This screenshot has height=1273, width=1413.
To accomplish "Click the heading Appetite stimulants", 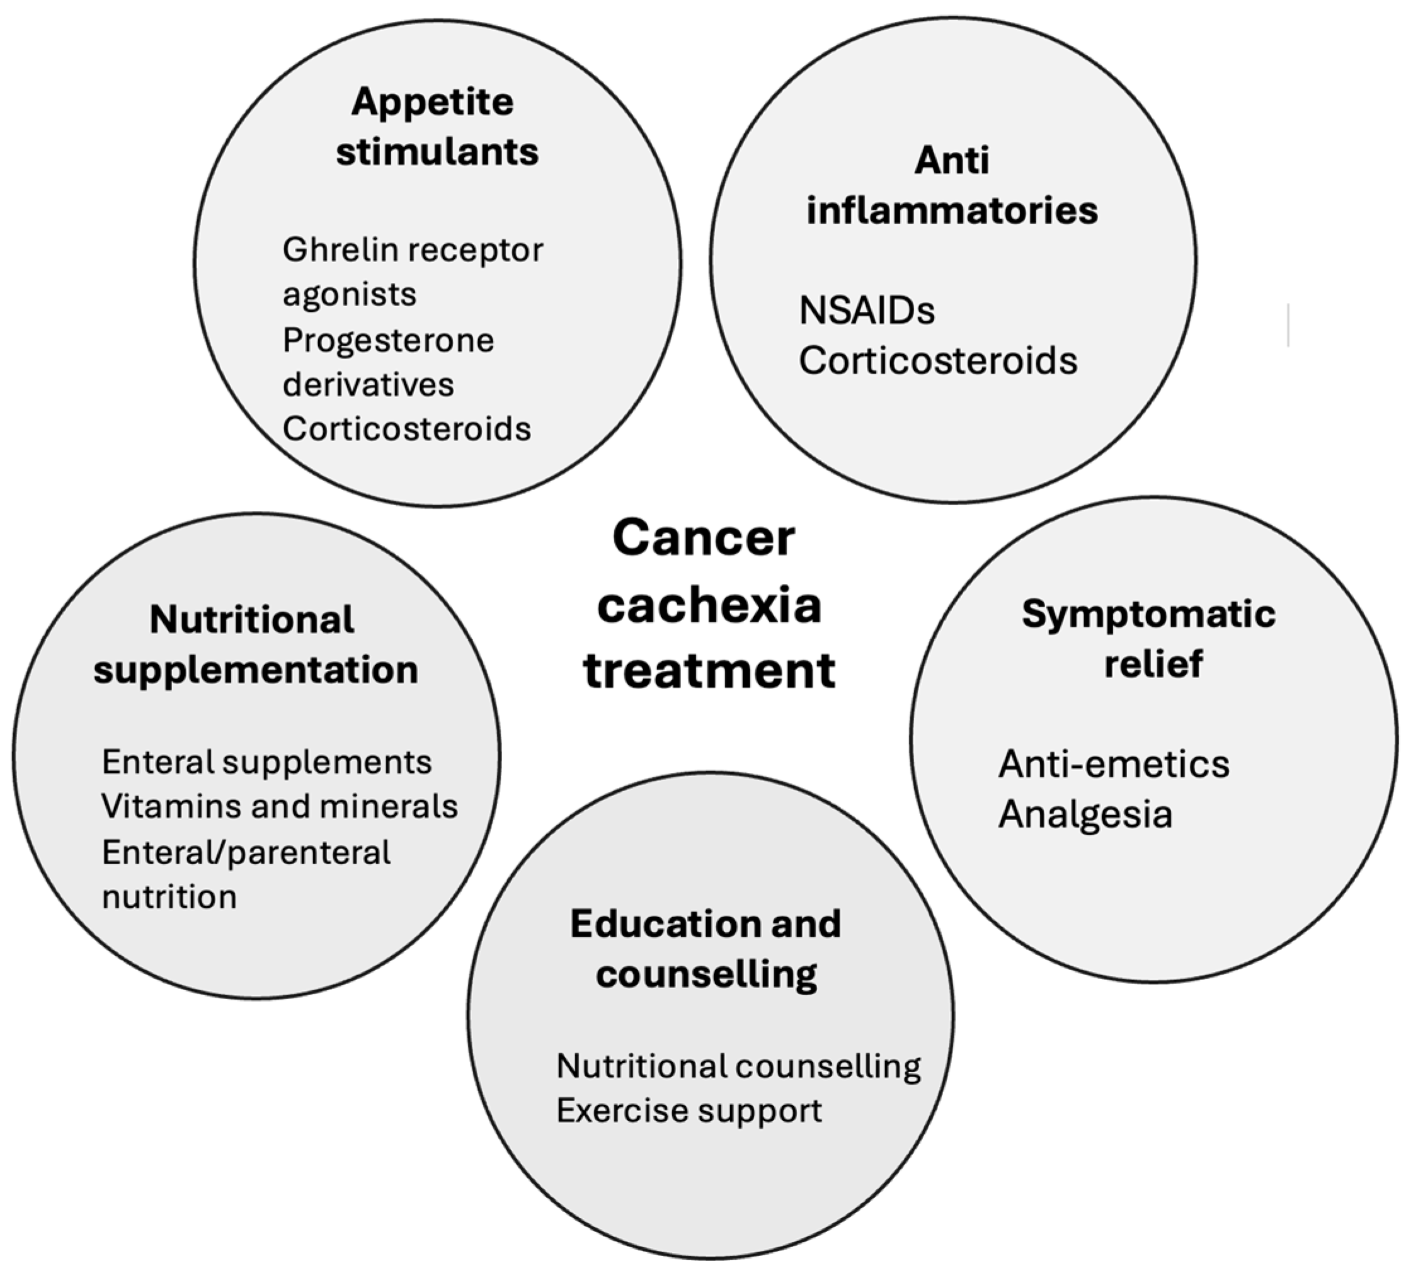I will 437,127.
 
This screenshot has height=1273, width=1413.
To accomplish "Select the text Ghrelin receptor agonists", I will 412,271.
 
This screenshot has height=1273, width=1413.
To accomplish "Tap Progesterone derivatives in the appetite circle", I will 388,362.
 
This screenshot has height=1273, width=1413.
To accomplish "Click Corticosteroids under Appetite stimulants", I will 406,429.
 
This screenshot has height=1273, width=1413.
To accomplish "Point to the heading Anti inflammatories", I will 951,186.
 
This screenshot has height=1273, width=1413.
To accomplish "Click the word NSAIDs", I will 867,311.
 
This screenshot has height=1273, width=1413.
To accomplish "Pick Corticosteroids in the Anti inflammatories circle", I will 937,361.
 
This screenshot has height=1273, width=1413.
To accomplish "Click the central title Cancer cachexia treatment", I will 708,604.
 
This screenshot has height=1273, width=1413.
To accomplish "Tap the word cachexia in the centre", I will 709,606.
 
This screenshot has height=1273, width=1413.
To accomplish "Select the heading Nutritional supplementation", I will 255,645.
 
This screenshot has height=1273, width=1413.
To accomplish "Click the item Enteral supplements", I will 266,762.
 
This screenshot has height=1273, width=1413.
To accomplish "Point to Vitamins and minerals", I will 279,806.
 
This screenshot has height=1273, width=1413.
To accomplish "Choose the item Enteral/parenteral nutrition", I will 246,874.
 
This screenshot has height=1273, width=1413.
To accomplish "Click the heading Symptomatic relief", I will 1148,639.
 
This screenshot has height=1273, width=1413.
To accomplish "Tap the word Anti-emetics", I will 1114,764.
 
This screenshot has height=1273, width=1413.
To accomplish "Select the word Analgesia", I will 1085,815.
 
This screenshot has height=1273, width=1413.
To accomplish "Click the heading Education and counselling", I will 706,949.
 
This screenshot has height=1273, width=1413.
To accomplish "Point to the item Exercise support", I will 689,1110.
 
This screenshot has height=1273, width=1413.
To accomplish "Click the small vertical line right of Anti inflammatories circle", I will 1288,324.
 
